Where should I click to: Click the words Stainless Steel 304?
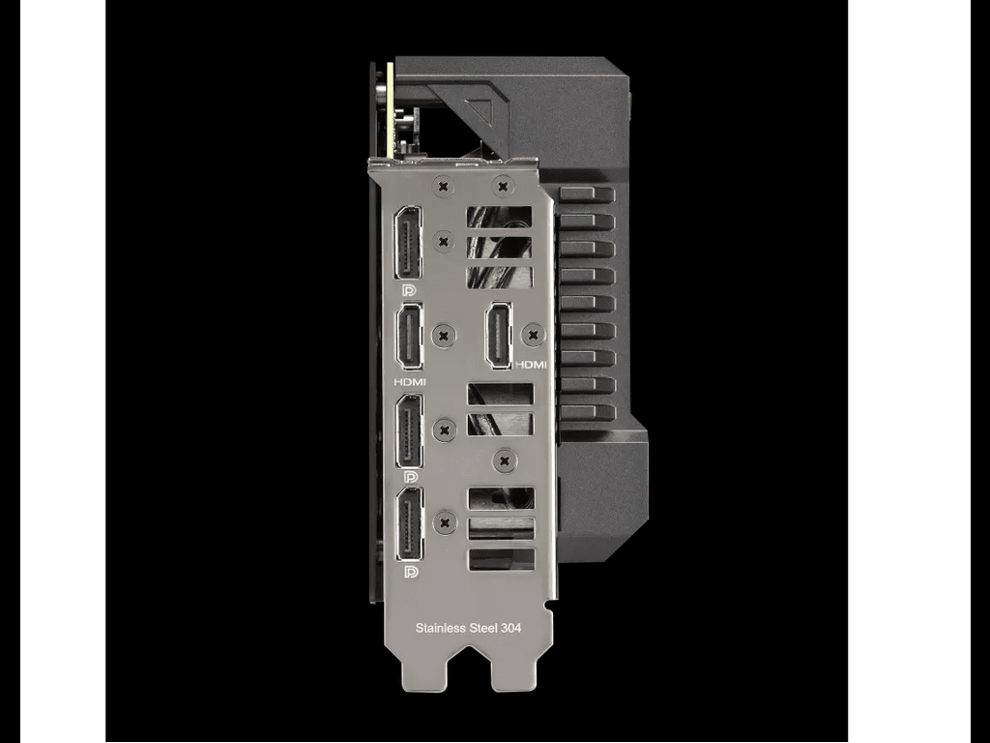click(x=468, y=628)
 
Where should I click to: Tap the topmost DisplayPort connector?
click(x=408, y=243)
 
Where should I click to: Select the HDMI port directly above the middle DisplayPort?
click(x=409, y=337)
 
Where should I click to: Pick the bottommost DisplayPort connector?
click(x=410, y=524)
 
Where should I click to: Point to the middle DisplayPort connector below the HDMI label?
click(x=409, y=431)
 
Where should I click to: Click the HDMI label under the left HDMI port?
click(x=410, y=382)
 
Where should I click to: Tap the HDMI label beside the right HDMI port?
click(x=531, y=365)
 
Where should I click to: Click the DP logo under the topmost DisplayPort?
click(x=409, y=290)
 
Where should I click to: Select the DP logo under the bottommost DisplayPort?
click(x=411, y=573)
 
